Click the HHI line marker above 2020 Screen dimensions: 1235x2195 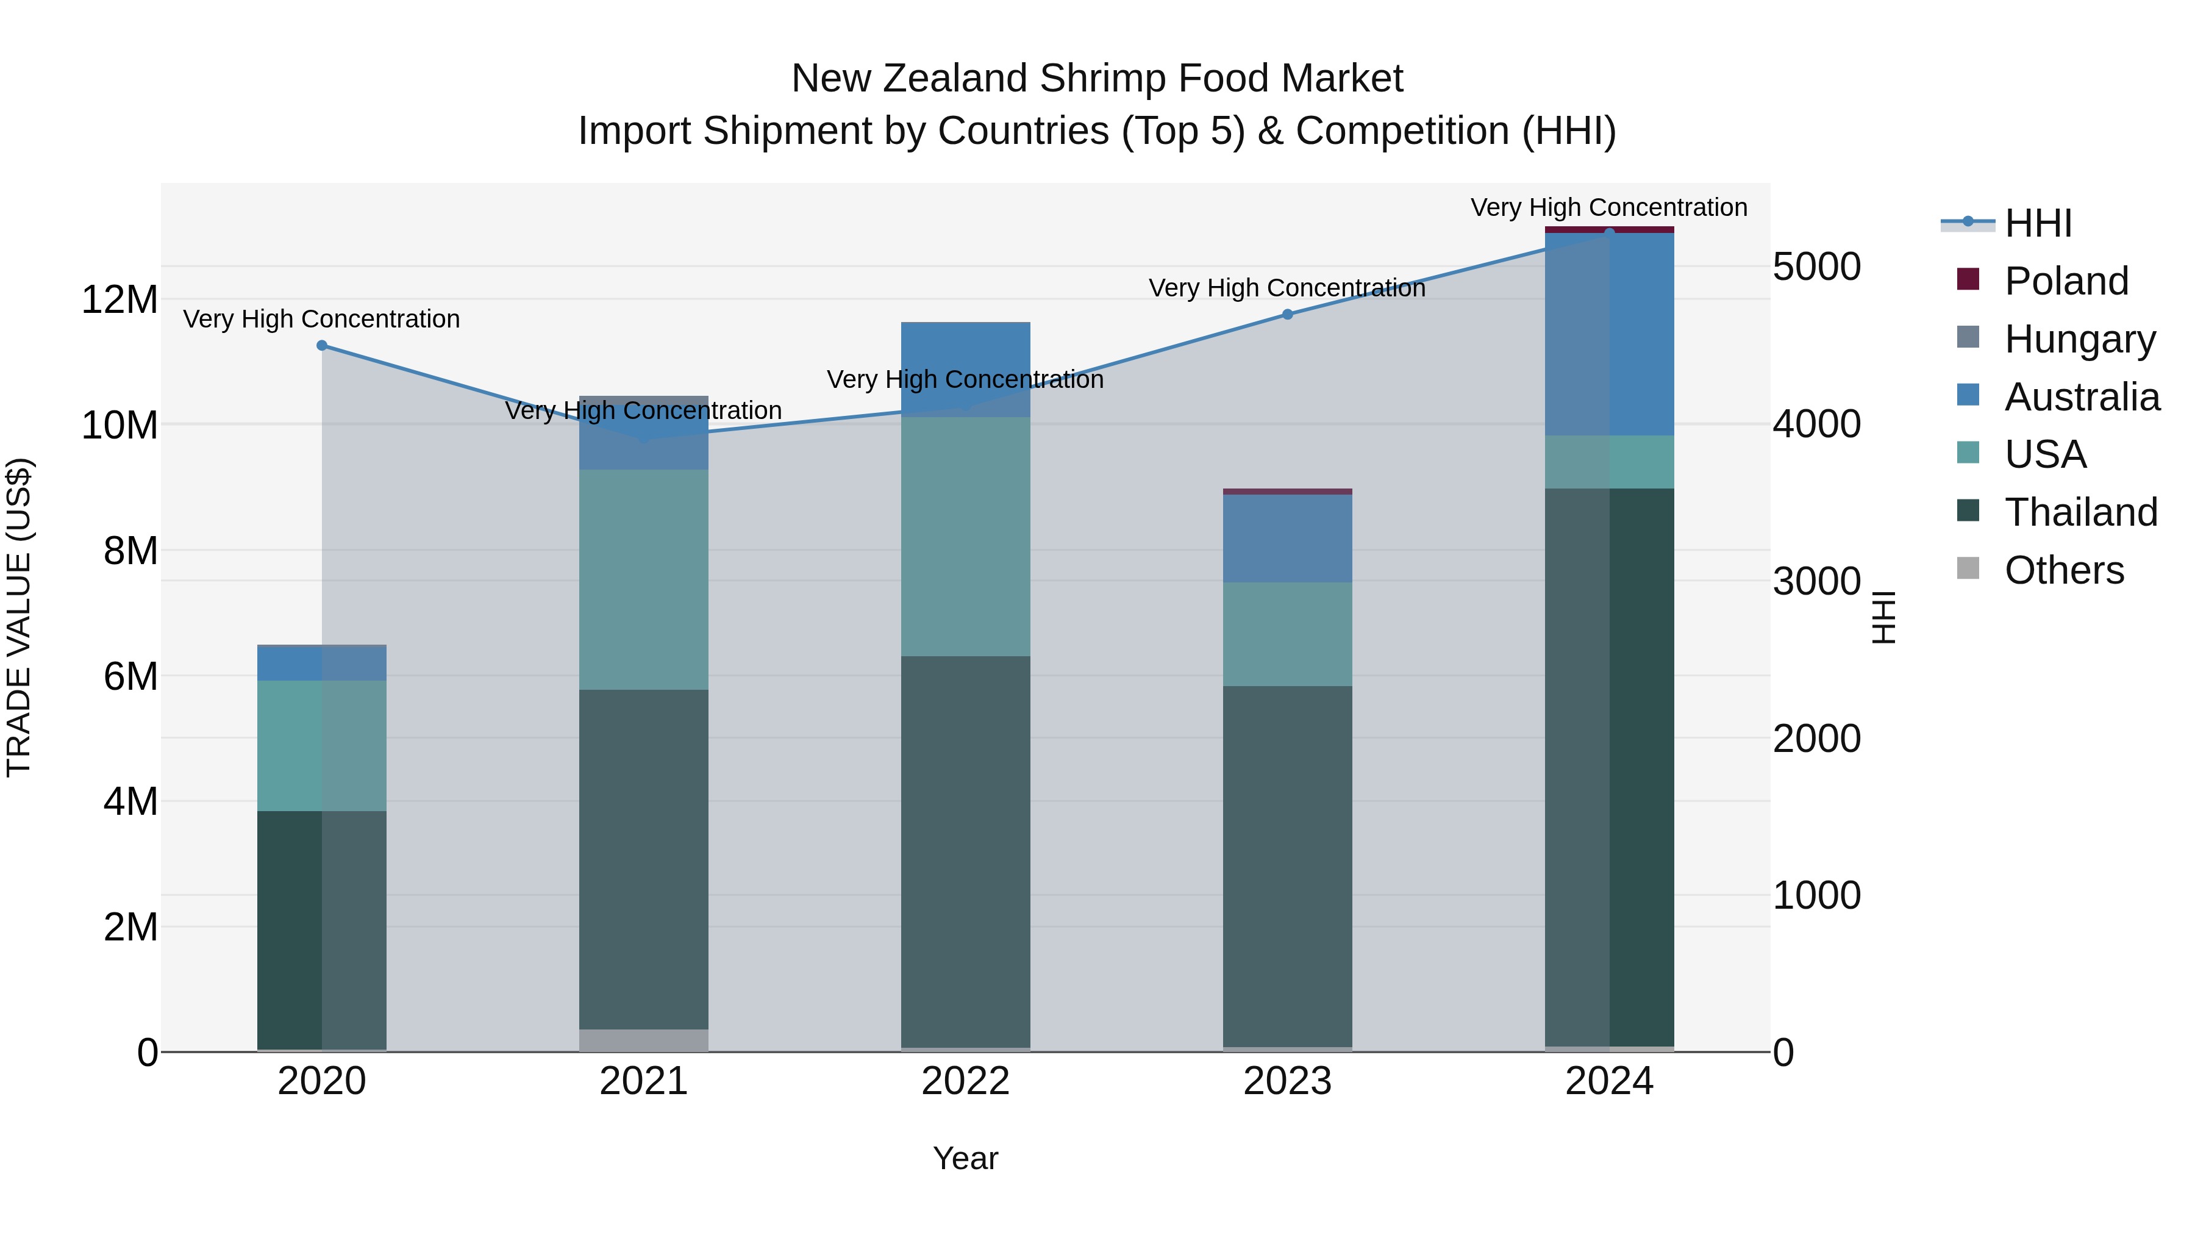tap(322, 345)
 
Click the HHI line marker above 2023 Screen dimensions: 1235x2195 tap(1288, 315)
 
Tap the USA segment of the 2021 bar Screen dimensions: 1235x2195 tap(643, 579)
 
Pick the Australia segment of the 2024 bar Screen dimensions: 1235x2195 tap(1610, 334)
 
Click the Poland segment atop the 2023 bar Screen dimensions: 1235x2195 tap(1288, 492)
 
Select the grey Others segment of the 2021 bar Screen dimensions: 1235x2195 tap(643, 1040)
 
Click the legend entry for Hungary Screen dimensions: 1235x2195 tap(2079, 339)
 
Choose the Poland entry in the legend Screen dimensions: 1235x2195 tap(2066, 281)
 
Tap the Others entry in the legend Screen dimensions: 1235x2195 tap(2064, 570)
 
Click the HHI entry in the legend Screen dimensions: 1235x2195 tap(2036, 223)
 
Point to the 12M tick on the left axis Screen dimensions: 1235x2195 tap(120, 300)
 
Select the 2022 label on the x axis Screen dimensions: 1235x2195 tap(965, 1081)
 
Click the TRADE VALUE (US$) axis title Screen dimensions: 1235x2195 tap(19, 617)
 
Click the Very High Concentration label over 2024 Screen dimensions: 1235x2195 tap(1609, 207)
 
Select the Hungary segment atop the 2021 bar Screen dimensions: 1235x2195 tap(643, 433)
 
